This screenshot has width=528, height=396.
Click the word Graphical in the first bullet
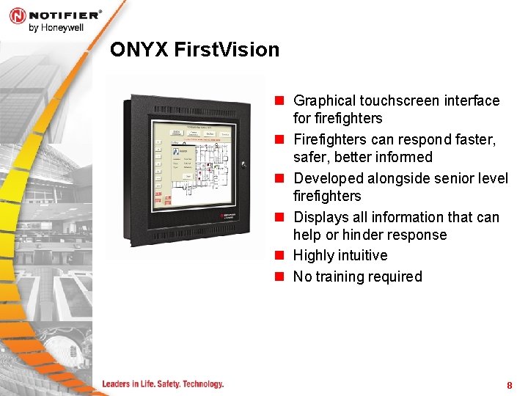(x=323, y=100)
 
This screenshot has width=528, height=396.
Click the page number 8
(x=509, y=386)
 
